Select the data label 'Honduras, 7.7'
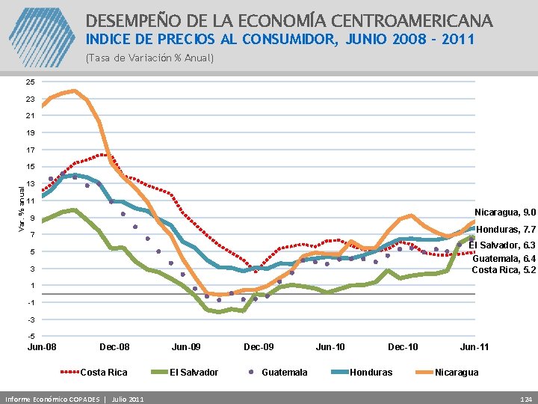pyautogui.click(x=506, y=230)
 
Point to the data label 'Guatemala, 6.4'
pyautogui.click(x=504, y=257)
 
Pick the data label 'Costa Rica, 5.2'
pyautogui.click(x=504, y=269)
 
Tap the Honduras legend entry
pyautogui.click(x=371, y=372)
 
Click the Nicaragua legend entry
pyautogui.click(x=457, y=372)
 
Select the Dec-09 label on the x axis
pyautogui.click(x=259, y=347)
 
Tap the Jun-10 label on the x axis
pyautogui.click(x=330, y=347)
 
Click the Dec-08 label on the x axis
pyautogui.click(x=114, y=347)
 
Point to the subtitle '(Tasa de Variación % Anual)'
pyautogui.click(x=149, y=58)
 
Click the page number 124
pyautogui.click(x=525, y=397)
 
